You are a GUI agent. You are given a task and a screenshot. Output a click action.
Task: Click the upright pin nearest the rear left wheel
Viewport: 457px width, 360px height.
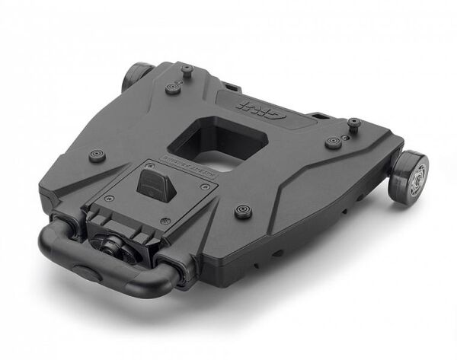pos(187,71)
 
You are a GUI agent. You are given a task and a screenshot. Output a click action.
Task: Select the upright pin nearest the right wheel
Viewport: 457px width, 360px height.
pos(353,123)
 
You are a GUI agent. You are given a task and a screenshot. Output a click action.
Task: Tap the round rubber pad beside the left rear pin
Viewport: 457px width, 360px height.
pos(174,88)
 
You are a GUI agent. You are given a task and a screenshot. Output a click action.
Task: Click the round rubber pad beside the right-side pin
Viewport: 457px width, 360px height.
pos(333,142)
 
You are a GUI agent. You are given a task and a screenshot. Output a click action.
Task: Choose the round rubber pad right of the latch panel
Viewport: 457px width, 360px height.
pos(244,210)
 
